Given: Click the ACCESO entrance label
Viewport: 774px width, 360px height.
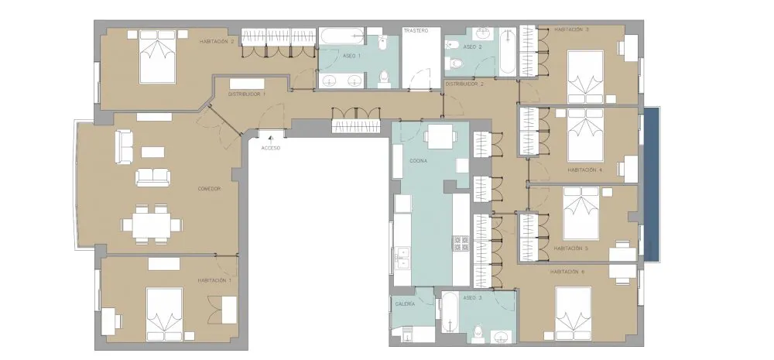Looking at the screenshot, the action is pos(270,148).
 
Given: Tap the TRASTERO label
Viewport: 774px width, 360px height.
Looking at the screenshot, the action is pos(415,31).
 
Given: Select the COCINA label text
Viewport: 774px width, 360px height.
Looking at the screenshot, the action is pos(418,161).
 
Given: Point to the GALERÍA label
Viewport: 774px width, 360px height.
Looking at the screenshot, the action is pos(405,304).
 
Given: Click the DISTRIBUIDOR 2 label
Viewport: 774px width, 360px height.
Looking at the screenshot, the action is pos(464,84).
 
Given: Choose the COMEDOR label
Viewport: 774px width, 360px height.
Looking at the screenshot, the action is pos(209,189).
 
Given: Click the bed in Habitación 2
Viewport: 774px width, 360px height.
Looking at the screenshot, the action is pos(157,57).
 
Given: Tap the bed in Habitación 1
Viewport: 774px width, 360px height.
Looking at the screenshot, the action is pos(164,314).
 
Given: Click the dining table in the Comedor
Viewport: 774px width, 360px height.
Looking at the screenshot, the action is pos(152,225).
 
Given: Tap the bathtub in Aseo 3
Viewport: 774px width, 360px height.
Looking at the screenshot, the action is pos(449,314).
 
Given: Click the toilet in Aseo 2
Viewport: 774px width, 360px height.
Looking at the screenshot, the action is pos(456,63).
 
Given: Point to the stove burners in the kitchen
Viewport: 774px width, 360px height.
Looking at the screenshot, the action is pos(461,243).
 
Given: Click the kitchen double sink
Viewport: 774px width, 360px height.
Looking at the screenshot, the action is pos(402,259).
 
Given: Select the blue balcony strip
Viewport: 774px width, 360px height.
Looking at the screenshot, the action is pos(652,185).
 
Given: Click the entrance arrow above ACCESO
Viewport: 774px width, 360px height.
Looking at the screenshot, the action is pos(270,140).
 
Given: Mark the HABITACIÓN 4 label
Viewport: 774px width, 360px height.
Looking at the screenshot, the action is pos(585,170).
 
